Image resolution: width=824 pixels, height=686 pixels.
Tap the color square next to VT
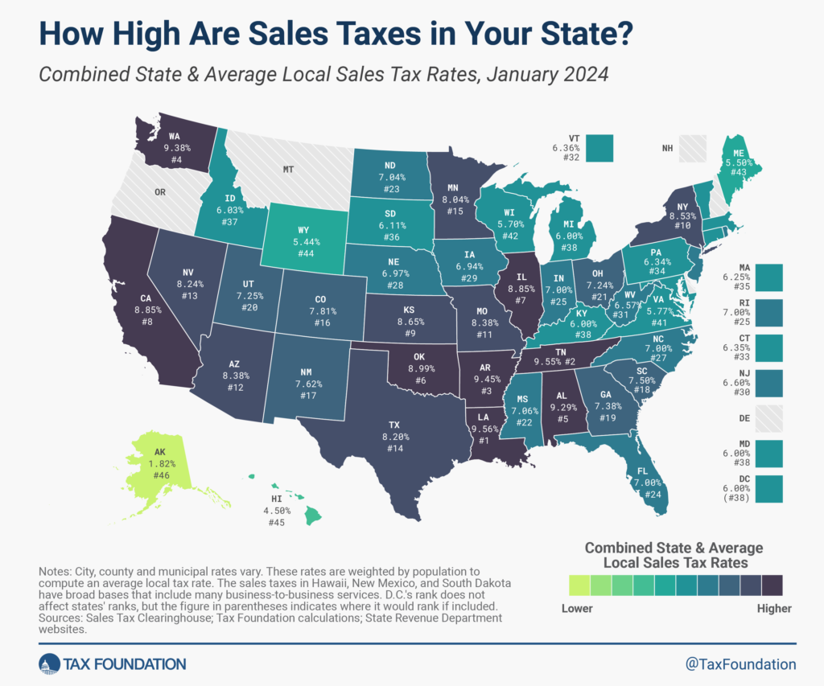(599, 148)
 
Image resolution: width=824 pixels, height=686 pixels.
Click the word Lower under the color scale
(577, 608)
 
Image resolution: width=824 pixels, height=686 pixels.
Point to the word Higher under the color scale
(774, 608)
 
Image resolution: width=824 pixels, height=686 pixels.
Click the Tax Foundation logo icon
(49, 663)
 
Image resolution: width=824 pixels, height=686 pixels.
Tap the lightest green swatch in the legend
(578, 583)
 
